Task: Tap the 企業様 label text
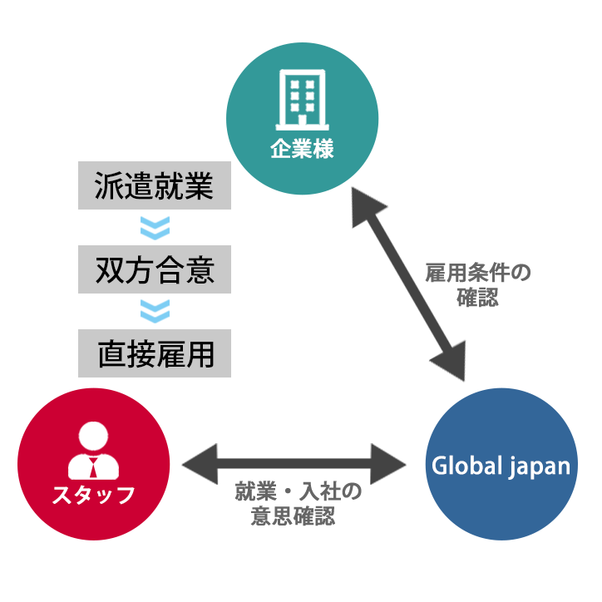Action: pos(302,150)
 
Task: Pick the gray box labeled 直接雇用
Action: pos(154,353)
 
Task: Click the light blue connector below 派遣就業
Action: pos(155,228)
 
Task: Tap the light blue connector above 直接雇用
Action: pos(155,312)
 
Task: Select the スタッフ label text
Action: pos(93,496)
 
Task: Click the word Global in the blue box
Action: pos(462,466)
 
